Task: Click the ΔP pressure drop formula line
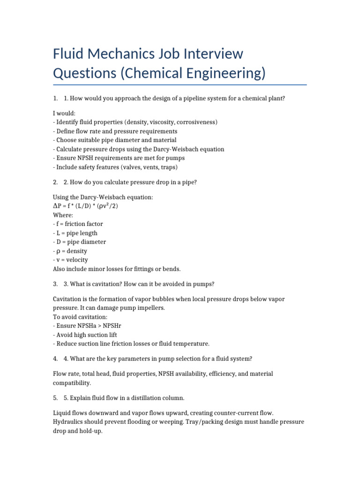pyautogui.click(x=82, y=206)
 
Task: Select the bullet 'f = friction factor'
pyautogui.click(x=78, y=224)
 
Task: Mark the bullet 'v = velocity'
pyautogui.click(x=71, y=260)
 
